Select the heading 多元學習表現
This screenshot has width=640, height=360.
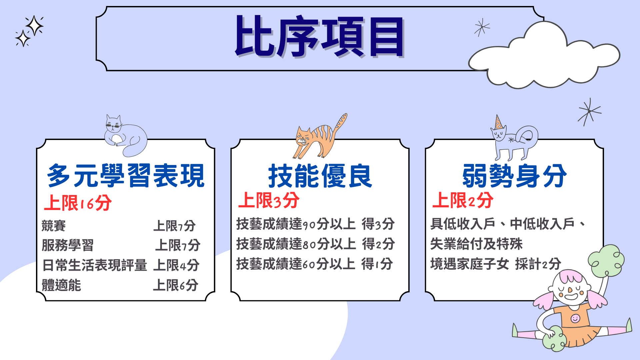[x=126, y=176]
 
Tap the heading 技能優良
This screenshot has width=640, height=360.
[x=320, y=176]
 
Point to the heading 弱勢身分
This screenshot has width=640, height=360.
[x=514, y=176]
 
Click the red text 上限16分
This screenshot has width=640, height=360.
[x=78, y=203]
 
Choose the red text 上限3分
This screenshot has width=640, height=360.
[x=269, y=200]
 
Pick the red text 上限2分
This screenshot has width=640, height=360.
[x=463, y=200]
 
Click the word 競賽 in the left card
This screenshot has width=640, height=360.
[x=54, y=226]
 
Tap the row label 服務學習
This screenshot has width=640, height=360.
[x=68, y=245]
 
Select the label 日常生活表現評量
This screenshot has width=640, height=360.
[x=95, y=265]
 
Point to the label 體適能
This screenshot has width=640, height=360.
[x=61, y=285]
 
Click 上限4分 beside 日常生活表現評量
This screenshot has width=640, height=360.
[x=176, y=265]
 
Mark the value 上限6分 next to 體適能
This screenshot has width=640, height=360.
[x=176, y=285]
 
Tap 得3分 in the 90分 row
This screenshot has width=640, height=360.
[x=378, y=224]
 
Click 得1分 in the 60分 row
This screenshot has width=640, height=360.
[x=377, y=264]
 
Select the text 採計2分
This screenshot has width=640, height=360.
[x=538, y=264]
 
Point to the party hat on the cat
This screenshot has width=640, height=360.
[x=499, y=122]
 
